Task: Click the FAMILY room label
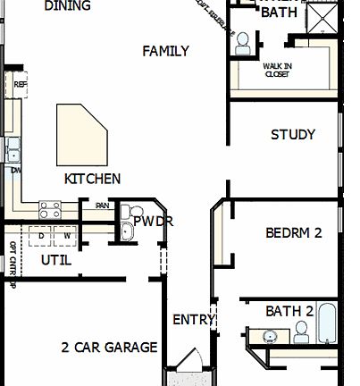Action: point(165,51)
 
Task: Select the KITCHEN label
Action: point(92,179)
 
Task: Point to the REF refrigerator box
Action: point(21,85)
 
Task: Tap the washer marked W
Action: point(66,236)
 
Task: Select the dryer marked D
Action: point(41,236)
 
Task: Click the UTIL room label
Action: point(56,260)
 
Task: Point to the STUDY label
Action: point(292,135)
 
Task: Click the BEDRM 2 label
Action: point(293,233)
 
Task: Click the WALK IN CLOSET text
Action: point(276,71)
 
